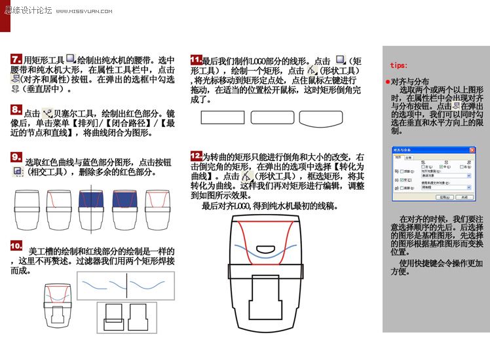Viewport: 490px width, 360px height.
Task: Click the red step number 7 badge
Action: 16,60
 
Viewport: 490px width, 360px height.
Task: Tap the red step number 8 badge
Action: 16,109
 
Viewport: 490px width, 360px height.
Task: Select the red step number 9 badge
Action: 16,157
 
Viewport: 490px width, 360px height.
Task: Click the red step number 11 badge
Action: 196,60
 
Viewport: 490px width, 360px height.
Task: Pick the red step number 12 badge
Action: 196,156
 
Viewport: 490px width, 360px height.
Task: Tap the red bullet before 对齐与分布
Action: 387,82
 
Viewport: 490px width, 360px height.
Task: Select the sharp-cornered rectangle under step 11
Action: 221,118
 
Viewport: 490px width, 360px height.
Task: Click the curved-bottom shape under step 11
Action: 321,118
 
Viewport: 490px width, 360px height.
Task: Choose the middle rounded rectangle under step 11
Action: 272,118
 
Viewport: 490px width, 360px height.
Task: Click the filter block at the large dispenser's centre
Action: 269,304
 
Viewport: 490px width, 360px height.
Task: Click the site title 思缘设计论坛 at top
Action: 28,11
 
